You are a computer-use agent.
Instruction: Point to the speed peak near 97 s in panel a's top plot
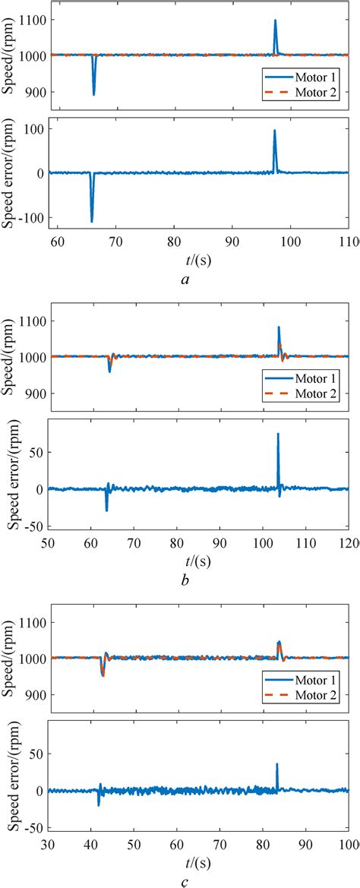click(275, 21)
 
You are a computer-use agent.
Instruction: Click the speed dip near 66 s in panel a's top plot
click(93, 93)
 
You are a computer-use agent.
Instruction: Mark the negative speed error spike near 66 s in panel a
click(91, 220)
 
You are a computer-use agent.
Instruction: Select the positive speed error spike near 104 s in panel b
click(278, 435)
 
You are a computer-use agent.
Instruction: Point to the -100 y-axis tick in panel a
click(30, 218)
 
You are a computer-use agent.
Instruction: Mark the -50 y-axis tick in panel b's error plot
click(32, 526)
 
